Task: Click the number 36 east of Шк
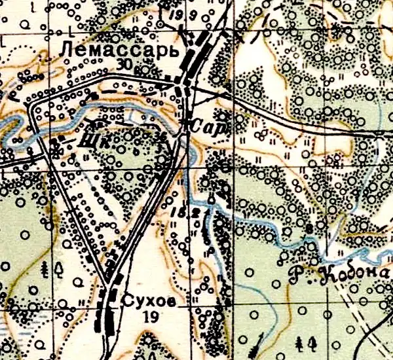coord(160,136)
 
